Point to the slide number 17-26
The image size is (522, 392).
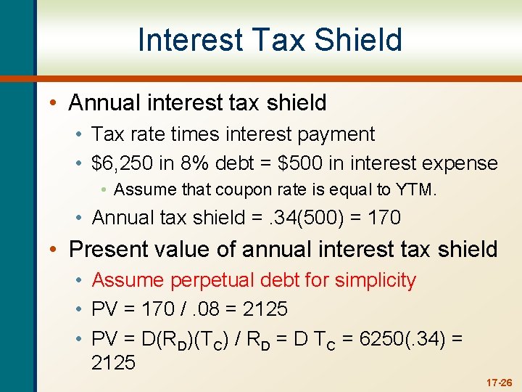(x=498, y=382)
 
